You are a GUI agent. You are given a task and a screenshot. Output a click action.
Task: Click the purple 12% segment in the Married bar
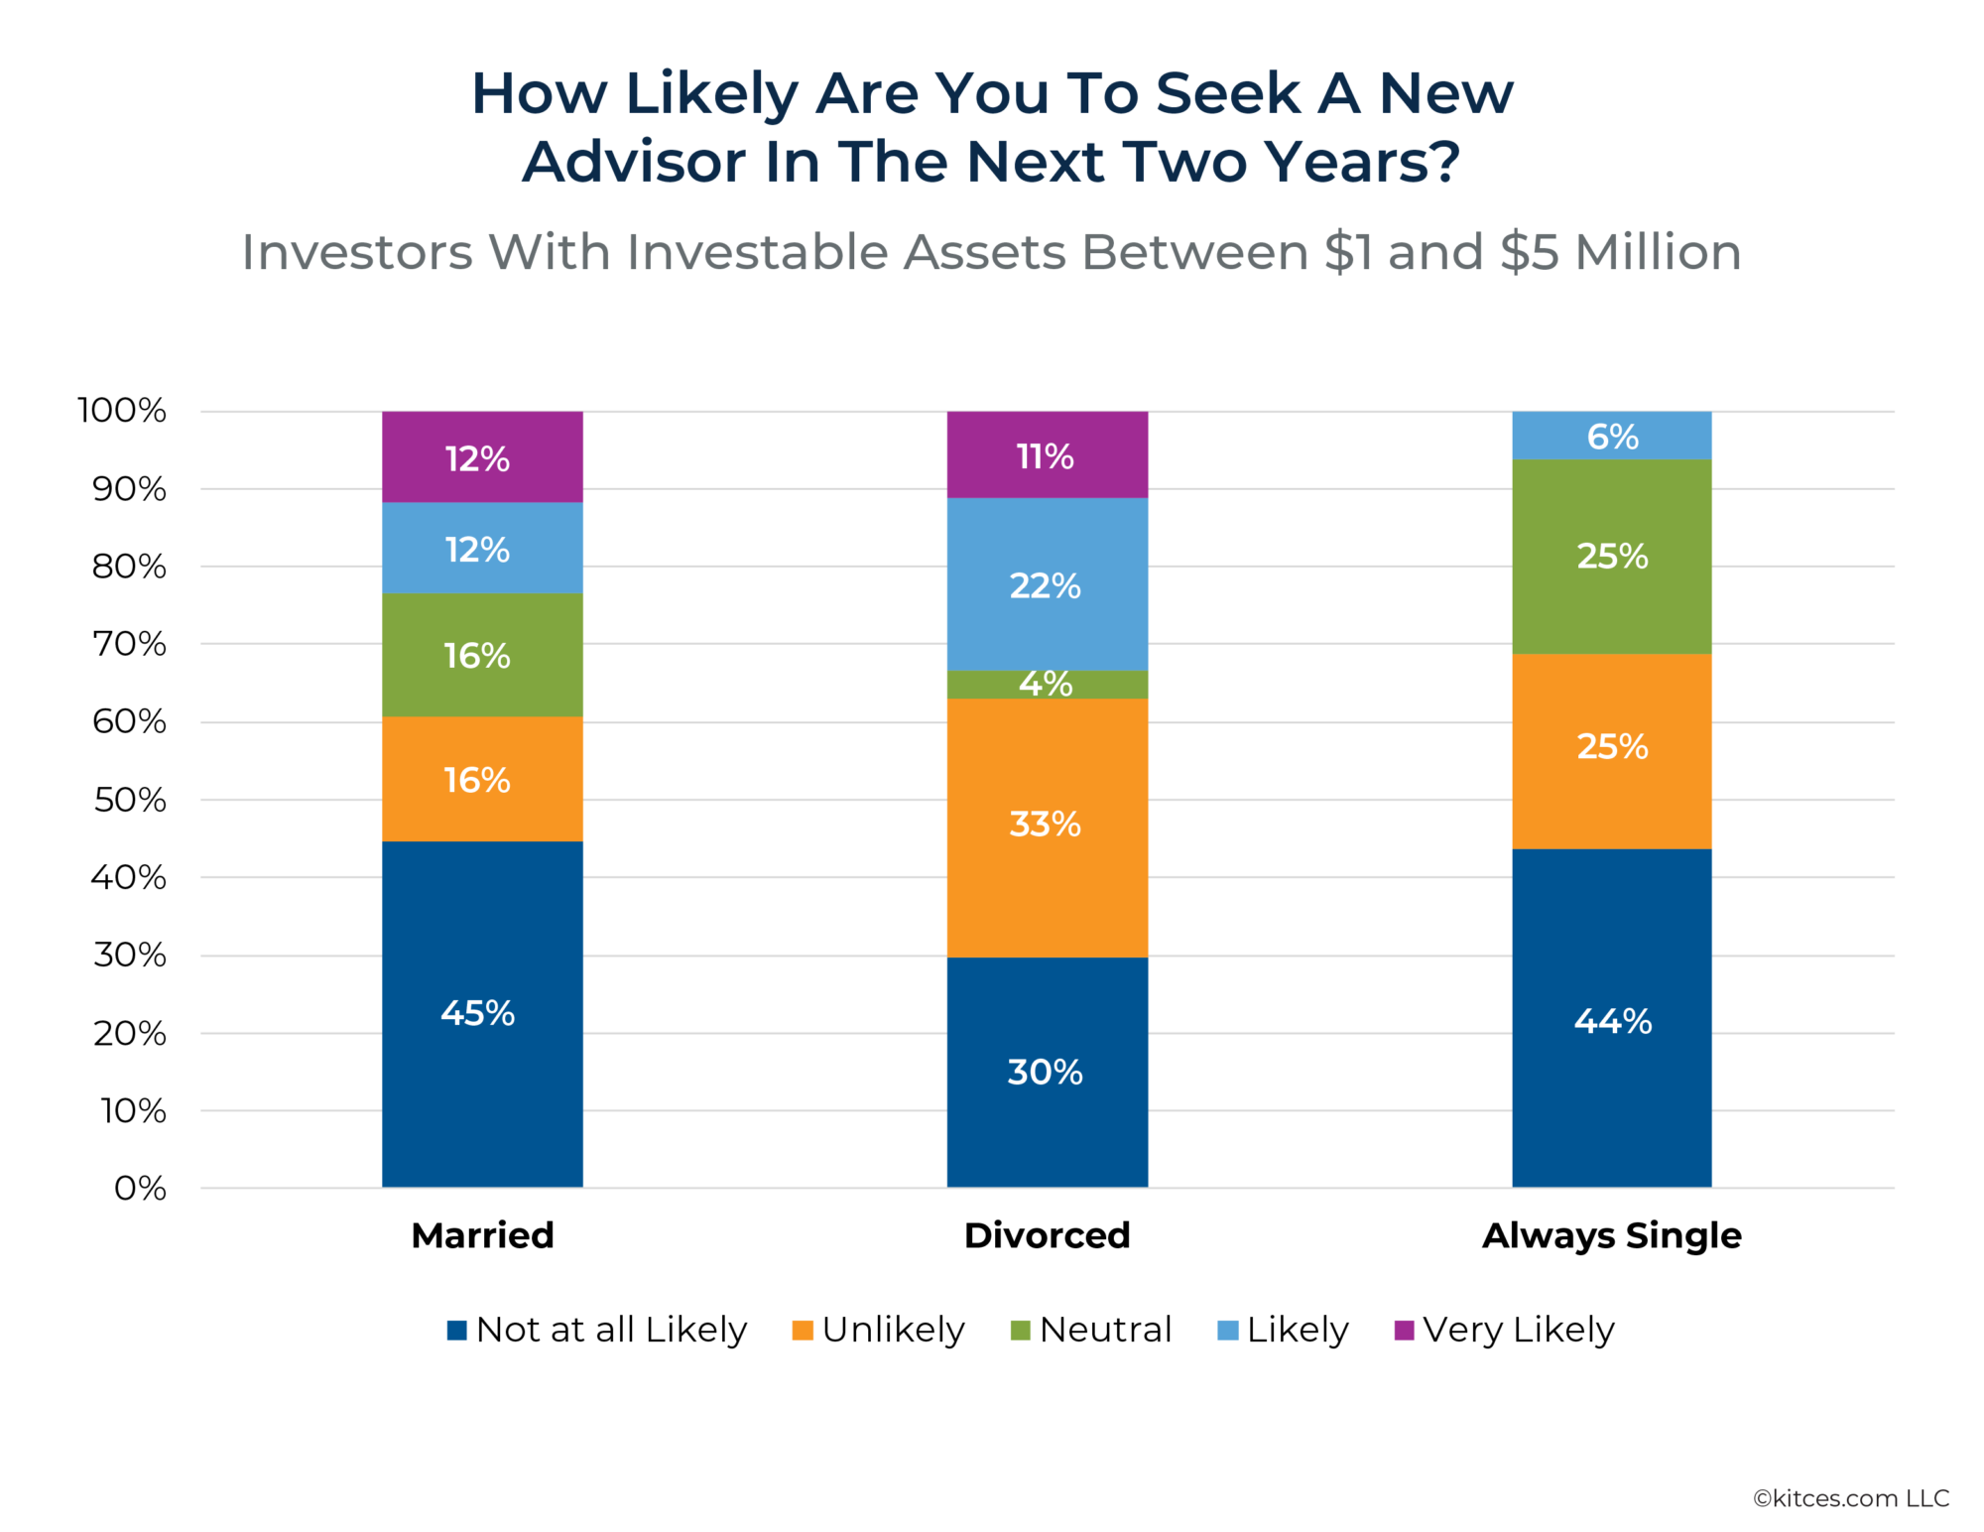tap(482, 456)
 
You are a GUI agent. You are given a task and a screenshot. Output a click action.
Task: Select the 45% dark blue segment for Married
tap(482, 1013)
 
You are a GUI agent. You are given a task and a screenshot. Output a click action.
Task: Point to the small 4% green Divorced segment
tap(1047, 685)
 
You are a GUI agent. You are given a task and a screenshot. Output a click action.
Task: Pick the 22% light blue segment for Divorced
tap(1047, 584)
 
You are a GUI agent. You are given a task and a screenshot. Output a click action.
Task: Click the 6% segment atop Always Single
tap(1611, 436)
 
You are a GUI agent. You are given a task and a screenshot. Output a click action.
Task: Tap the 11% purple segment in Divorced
tap(1047, 454)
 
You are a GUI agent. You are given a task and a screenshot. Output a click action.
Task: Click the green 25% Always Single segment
tap(1611, 556)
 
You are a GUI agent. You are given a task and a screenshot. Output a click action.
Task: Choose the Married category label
tap(482, 1235)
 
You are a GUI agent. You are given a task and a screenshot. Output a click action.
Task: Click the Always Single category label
tap(1611, 1235)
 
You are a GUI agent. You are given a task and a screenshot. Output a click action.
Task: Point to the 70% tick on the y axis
tap(129, 644)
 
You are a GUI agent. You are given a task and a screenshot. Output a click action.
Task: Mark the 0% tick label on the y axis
tap(140, 1188)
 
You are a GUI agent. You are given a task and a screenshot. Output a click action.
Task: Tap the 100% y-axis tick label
tap(122, 410)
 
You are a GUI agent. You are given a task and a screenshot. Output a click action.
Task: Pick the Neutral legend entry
tap(1090, 1330)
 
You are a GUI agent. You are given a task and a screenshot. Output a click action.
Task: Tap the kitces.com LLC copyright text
tap(1850, 1498)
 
